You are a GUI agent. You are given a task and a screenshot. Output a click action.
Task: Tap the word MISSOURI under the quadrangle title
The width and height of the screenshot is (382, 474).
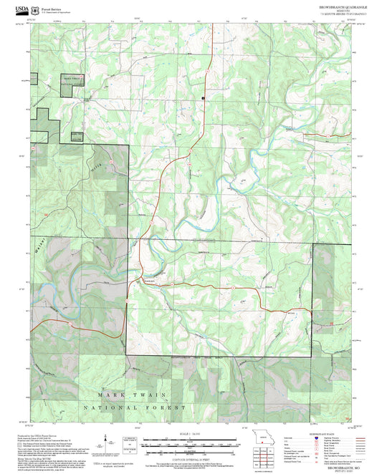330,11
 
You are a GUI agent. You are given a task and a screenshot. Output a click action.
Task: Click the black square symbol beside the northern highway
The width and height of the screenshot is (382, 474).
203,97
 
